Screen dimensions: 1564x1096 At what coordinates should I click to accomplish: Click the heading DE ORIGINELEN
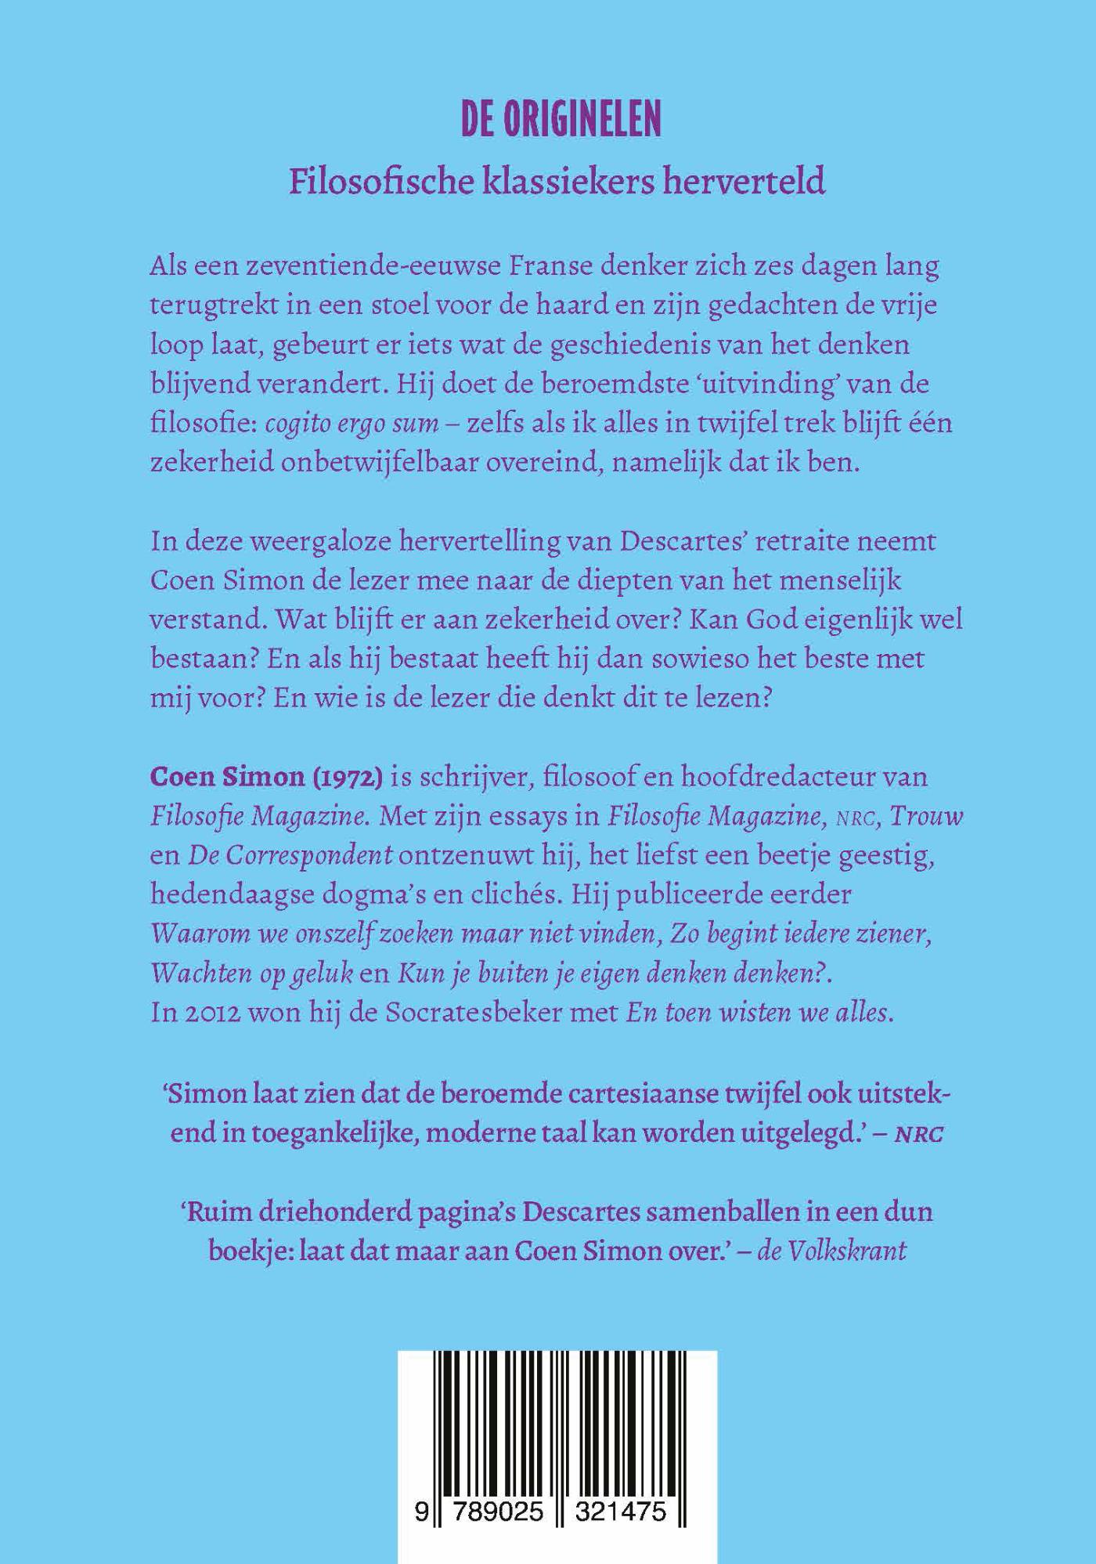coord(560,120)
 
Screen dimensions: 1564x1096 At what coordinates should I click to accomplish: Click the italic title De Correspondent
coord(290,855)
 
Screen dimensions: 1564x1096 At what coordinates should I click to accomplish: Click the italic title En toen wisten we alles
coord(759,1013)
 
